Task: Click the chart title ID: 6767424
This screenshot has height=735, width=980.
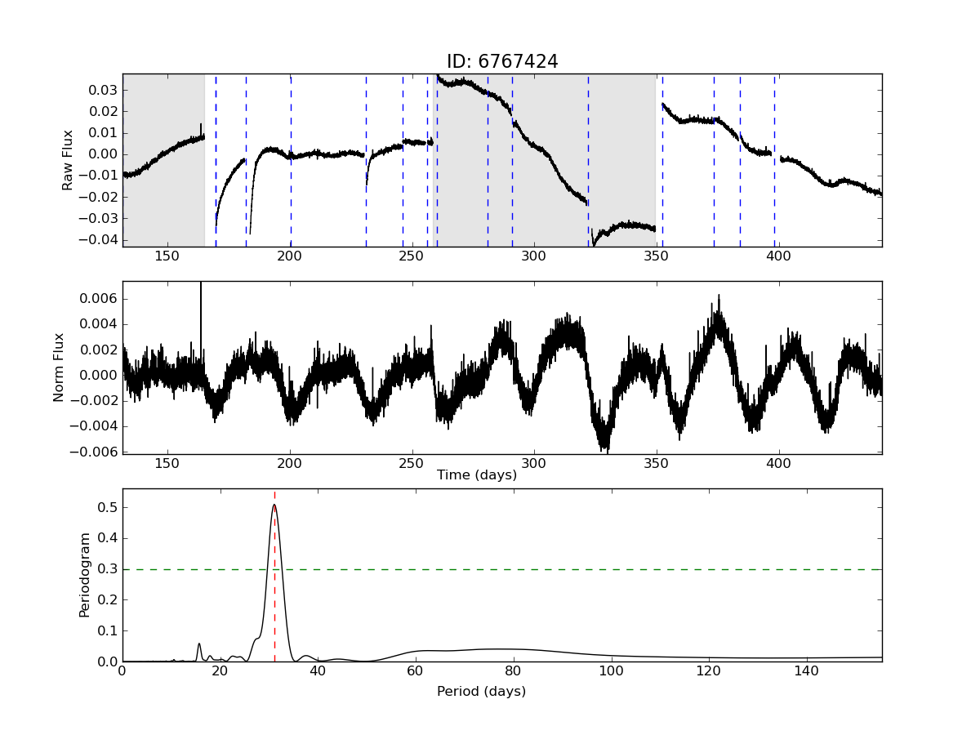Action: pyautogui.click(x=502, y=62)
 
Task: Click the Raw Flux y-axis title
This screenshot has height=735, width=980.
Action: pyautogui.click(x=69, y=160)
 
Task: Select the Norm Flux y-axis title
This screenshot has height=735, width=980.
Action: pyautogui.click(x=58, y=367)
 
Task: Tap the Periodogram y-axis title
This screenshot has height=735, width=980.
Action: pyautogui.click(x=84, y=575)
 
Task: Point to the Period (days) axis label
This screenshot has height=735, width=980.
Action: pyautogui.click(x=481, y=692)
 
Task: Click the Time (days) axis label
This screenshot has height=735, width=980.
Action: pyautogui.click(x=477, y=475)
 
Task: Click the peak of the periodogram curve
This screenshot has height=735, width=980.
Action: pyautogui.click(x=274, y=505)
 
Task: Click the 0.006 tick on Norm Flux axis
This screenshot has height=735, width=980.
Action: pyautogui.click(x=100, y=299)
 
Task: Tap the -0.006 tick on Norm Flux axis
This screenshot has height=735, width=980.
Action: pyautogui.click(x=96, y=452)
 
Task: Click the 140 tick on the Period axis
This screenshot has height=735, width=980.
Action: pyautogui.click(x=807, y=671)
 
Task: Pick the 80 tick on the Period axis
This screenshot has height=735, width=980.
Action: pyautogui.click(x=513, y=671)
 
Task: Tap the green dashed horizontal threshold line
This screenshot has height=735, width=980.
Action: pyautogui.click(x=572, y=569)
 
